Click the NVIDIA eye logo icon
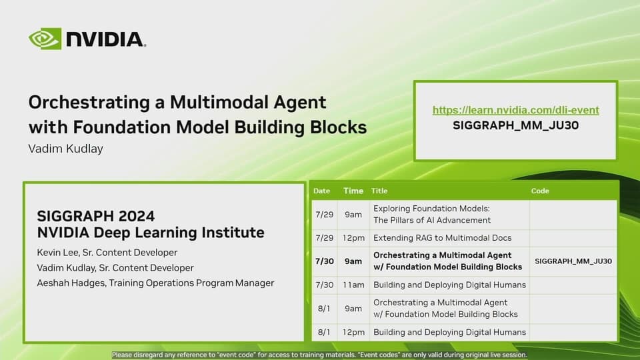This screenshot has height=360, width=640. (x=45, y=39)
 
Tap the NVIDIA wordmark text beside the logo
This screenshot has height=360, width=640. (x=105, y=39)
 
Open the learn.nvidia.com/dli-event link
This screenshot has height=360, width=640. (x=515, y=110)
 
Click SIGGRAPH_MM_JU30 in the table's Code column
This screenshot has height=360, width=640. (x=573, y=261)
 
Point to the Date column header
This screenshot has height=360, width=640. (x=321, y=191)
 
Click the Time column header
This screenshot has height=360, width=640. (x=353, y=191)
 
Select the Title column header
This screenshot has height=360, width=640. (x=379, y=191)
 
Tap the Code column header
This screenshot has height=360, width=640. (x=540, y=191)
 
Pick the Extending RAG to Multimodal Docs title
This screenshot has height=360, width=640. (x=442, y=237)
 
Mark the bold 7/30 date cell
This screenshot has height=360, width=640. (x=323, y=261)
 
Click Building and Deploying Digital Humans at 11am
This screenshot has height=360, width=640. (x=449, y=285)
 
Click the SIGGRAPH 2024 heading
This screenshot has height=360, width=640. (x=97, y=217)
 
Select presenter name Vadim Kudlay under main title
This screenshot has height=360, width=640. (x=65, y=149)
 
